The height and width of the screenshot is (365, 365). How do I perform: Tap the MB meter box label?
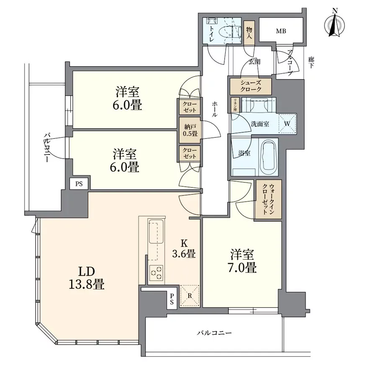click(x=280, y=30)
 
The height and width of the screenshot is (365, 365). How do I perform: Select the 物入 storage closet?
click(x=249, y=33)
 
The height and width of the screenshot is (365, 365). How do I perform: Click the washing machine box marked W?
click(x=286, y=123)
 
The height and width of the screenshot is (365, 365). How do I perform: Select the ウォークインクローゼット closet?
click(x=265, y=199)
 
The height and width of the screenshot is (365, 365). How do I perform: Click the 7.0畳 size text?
click(x=242, y=267)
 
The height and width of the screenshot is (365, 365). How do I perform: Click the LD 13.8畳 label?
click(x=87, y=278)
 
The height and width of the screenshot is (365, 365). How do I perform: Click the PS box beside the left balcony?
click(x=79, y=184)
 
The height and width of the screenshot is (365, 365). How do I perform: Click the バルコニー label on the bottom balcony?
click(x=214, y=333)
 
